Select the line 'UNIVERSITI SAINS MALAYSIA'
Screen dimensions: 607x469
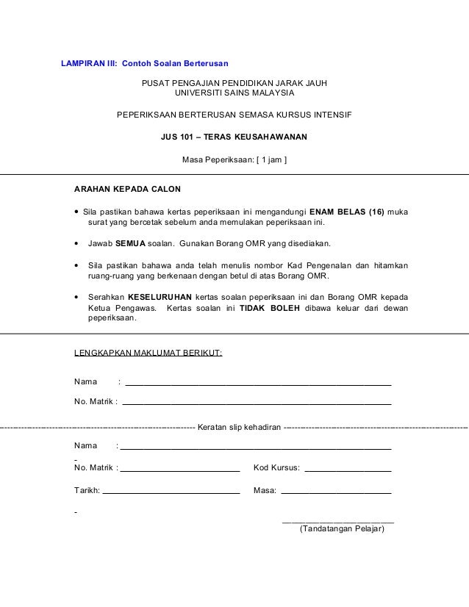click(x=234, y=94)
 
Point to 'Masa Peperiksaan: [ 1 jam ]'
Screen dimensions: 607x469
click(x=234, y=158)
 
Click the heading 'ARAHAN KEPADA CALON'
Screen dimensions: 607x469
click(x=127, y=189)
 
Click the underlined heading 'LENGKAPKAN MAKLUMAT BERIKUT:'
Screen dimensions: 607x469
click(x=148, y=353)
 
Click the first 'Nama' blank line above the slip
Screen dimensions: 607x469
click(x=258, y=384)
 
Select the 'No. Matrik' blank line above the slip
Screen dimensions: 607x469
click(x=257, y=403)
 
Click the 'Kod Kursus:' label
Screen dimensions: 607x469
click(x=276, y=467)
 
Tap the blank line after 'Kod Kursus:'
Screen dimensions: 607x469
click(x=348, y=470)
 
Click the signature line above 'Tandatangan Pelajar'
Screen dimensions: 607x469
click(x=338, y=521)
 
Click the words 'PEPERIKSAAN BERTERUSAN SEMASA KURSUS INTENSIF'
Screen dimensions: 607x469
click(x=234, y=115)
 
